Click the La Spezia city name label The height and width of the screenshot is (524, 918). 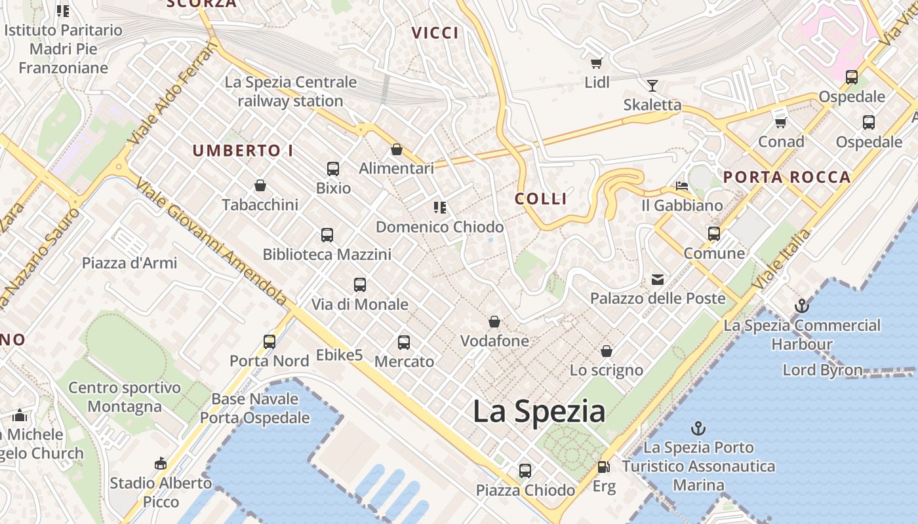(x=538, y=411)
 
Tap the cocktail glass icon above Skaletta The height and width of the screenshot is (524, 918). (x=652, y=85)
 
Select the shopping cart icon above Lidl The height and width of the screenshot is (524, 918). (x=596, y=63)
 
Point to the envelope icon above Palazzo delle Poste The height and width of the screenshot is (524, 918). (x=657, y=280)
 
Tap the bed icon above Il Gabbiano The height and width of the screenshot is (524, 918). (x=682, y=186)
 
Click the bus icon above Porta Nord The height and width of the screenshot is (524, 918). (x=269, y=341)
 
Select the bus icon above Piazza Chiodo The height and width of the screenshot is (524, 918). (x=525, y=470)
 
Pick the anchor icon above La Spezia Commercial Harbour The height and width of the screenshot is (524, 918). (x=801, y=306)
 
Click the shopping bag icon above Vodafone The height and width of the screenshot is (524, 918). (x=494, y=322)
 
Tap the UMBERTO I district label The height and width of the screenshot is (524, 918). (x=243, y=151)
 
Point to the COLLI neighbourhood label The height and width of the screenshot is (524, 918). (x=541, y=199)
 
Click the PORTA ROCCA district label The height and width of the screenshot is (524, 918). (x=787, y=177)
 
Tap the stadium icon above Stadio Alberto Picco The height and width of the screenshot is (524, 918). (x=161, y=464)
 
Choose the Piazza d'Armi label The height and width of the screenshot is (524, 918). (x=130, y=263)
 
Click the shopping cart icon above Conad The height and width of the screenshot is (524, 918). (x=780, y=122)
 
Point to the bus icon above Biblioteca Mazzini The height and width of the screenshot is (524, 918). (x=327, y=234)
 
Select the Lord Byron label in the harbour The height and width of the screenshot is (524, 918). (x=822, y=370)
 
